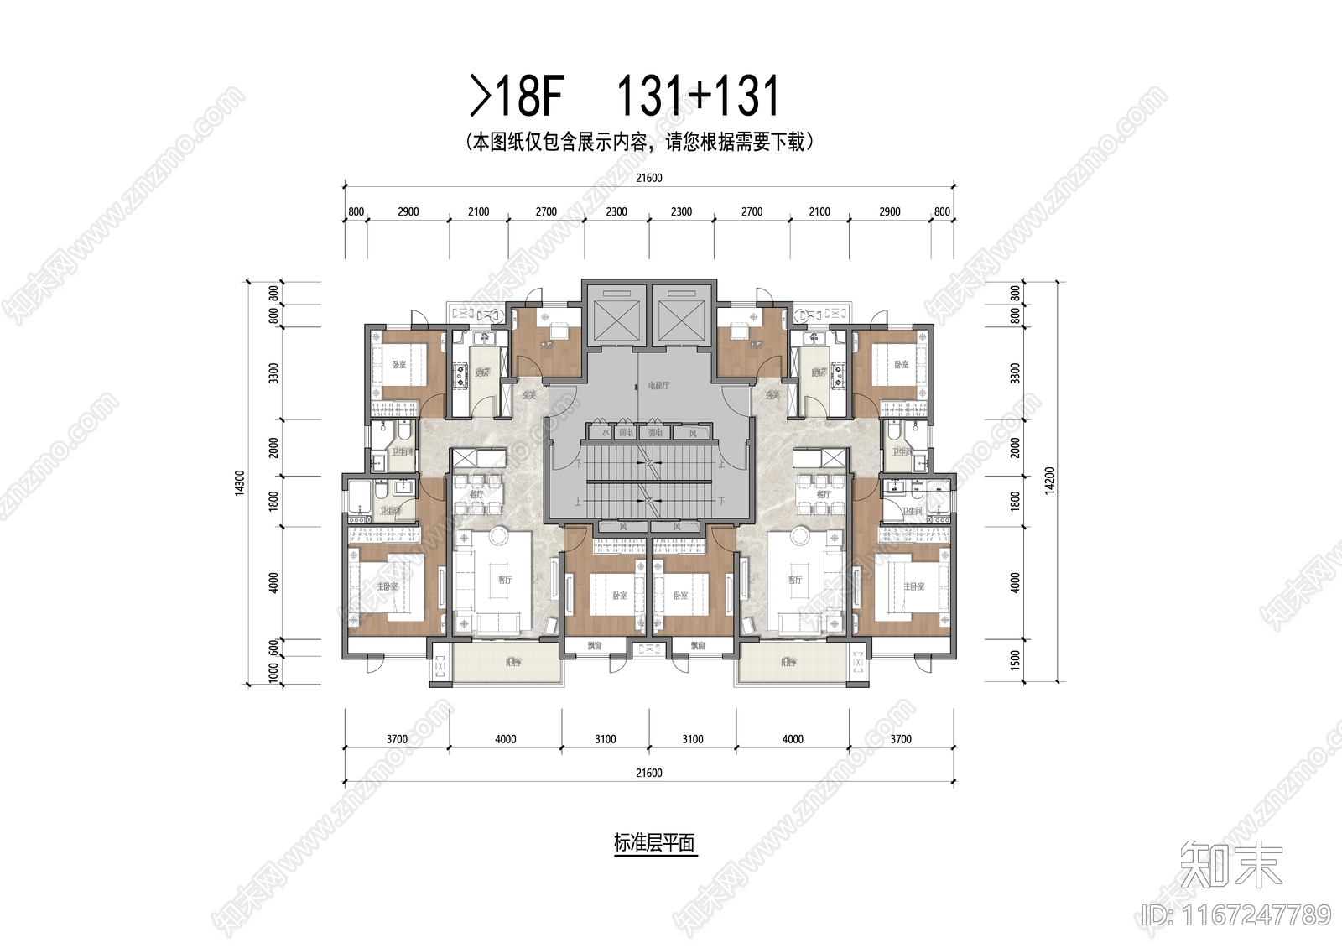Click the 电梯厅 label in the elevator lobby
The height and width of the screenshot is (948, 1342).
coord(658,385)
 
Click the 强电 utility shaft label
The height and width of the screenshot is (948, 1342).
coord(655,433)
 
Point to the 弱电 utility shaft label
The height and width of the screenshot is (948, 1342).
coord(626,433)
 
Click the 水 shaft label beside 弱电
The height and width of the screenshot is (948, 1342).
coord(605,433)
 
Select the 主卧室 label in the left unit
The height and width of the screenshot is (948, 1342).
coord(387,586)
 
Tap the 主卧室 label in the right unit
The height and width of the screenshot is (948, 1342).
coord(914,586)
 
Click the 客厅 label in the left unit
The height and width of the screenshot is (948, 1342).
coord(504,580)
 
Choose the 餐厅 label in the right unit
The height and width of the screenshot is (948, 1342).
coord(823,494)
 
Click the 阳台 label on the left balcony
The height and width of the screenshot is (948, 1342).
coord(512,662)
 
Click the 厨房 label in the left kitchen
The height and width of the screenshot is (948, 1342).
coord(481,372)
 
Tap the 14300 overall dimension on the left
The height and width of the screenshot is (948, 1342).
coord(241,483)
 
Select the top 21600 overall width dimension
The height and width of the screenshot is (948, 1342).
coord(648,178)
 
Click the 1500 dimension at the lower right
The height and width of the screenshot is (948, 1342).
coord(1016,659)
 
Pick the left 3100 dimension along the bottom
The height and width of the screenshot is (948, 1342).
coord(605,739)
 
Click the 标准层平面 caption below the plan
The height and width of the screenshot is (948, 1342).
coord(654,843)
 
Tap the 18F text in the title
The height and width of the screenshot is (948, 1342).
coord(528,96)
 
